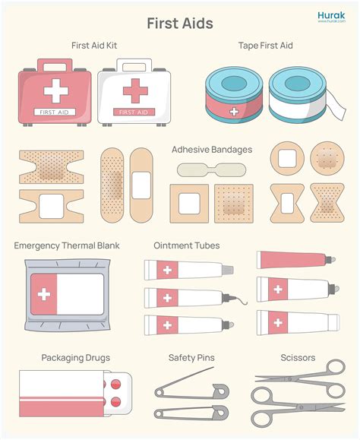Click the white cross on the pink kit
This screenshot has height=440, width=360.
[55, 92]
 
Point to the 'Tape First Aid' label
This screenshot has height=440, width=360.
[265, 46]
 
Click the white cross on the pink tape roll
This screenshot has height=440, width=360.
[233, 111]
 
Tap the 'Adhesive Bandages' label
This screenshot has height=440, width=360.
[212, 149]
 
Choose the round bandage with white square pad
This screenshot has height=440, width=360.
[286, 158]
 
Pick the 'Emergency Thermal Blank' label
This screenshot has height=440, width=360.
[67, 245]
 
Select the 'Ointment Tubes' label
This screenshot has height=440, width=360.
[187, 245]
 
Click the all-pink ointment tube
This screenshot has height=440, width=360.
[292, 260]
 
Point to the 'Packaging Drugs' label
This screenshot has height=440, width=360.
[76, 357]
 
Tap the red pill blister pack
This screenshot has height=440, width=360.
[115, 393]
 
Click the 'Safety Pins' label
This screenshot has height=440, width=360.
[191, 357]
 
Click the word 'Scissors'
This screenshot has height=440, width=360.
[298, 357]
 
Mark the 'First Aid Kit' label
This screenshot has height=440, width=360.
[94, 46]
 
